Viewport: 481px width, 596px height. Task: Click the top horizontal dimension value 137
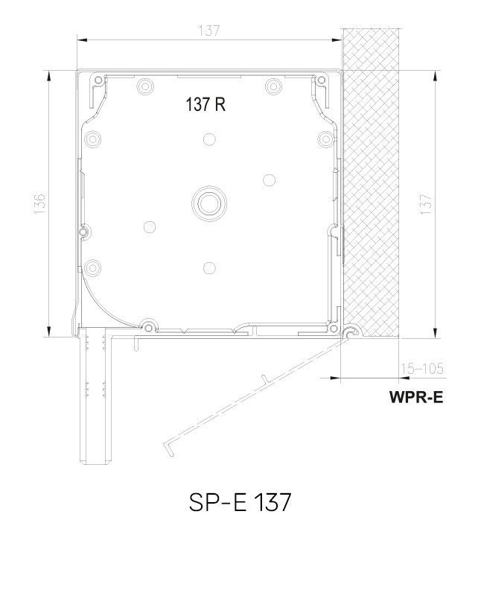click(x=210, y=31)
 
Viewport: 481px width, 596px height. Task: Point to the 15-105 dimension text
click(x=421, y=368)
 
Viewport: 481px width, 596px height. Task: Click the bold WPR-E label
click(x=415, y=397)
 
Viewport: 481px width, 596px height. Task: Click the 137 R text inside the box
click(x=206, y=105)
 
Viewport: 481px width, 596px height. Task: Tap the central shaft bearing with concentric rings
click(x=208, y=203)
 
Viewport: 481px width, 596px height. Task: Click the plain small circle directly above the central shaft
click(x=208, y=139)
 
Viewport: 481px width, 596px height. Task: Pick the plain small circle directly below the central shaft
click(x=208, y=267)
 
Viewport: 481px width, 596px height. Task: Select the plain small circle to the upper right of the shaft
click(x=268, y=179)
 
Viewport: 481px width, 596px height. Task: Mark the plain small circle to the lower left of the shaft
click(x=150, y=227)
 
